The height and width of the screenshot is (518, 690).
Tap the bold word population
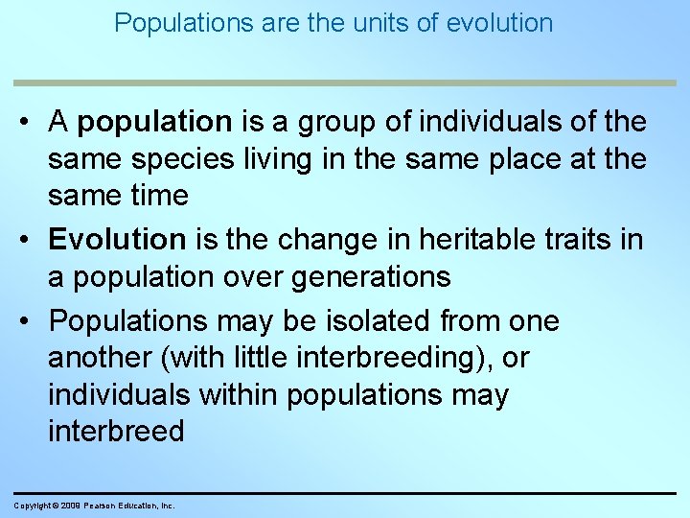(x=155, y=122)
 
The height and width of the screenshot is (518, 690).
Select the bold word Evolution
(x=116, y=239)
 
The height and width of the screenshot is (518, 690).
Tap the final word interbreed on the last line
(x=115, y=431)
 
